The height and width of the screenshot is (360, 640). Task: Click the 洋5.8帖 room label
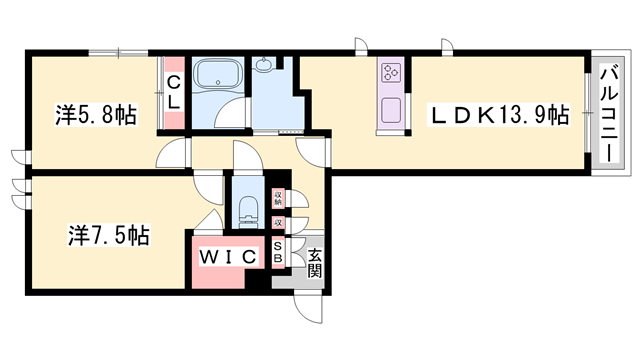point(96,115)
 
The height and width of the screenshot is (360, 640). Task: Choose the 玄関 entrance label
point(314,262)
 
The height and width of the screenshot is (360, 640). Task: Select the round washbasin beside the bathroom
point(265,67)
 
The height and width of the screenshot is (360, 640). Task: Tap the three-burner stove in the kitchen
point(389,72)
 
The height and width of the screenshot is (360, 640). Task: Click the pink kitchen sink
point(389,110)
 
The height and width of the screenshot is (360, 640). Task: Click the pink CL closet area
point(174,110)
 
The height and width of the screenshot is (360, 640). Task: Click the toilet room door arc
point(244,160)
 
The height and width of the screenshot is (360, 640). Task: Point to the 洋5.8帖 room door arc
point(172,152)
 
